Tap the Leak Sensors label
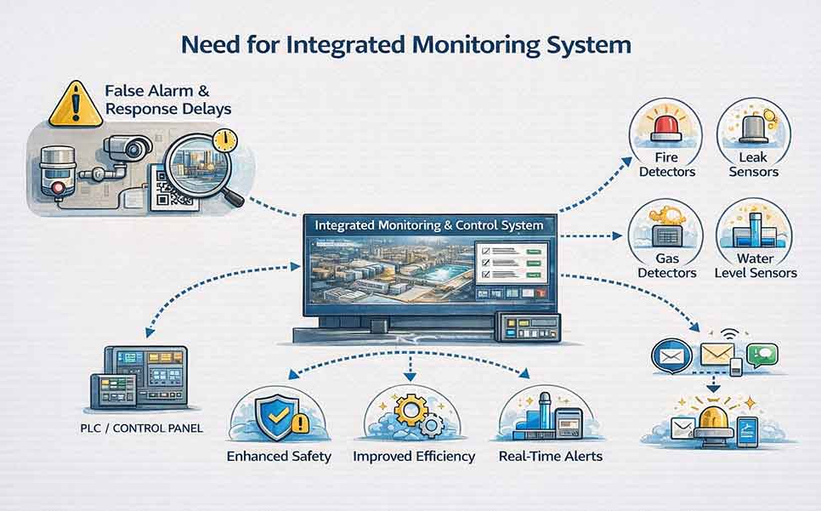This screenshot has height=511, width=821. point(753,165)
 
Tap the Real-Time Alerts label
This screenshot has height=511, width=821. point(551,457)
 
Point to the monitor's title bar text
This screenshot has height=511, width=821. point(429,227)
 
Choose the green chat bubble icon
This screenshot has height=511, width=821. point(763,354)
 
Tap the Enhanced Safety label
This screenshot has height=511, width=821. point(279,457)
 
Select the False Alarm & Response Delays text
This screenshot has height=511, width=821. point(167,99)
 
